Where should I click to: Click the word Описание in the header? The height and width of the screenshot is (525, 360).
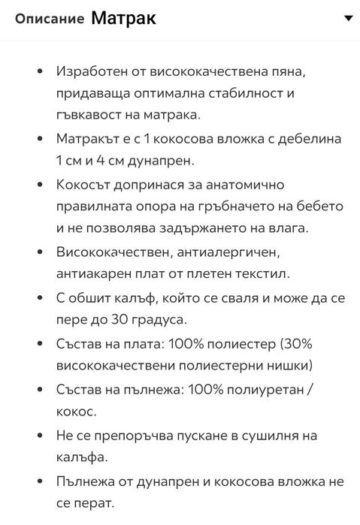tap(49, 20)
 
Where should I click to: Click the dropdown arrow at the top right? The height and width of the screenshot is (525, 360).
tap(347, 18)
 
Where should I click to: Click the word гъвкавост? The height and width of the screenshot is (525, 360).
tap(89, 116)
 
